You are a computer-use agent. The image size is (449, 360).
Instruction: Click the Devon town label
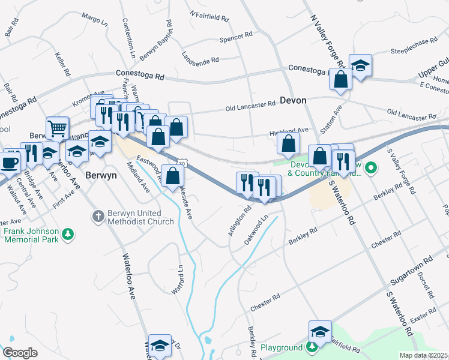coord(293,100)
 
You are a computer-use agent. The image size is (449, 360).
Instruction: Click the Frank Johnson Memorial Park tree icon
coord(69,233)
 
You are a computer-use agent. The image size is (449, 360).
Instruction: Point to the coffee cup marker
coord(10,161)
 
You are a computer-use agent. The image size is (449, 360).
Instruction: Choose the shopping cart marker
coord(57,127)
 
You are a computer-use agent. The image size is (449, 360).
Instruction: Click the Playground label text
coord(282,348)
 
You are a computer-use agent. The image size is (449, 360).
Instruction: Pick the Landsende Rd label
coord(200,59)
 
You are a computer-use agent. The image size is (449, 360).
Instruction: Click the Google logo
coord(20,353)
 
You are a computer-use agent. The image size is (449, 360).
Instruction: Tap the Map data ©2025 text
coord(423,355)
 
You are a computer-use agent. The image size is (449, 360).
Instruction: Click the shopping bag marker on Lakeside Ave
coord(173,176)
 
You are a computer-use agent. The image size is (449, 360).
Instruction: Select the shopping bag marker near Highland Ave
coord(288,144)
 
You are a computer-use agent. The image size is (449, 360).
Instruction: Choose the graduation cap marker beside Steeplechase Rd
coord(360,65)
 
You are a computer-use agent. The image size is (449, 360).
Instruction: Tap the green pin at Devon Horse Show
coord(372,167)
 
